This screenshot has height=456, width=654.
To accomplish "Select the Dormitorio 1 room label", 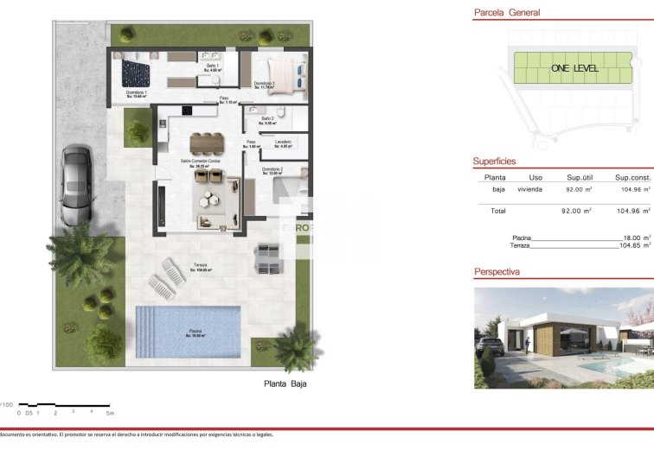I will click(136, 93).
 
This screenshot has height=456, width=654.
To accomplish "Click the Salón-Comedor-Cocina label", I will click(201, 162).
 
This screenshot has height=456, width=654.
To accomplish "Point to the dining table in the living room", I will click(207, 142).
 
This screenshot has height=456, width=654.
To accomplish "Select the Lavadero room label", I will click(283, 142).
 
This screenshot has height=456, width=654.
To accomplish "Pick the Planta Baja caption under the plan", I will click(285, 384).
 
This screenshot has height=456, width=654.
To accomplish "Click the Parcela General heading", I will click(507, 13).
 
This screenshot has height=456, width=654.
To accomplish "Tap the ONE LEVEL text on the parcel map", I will click(573, 67).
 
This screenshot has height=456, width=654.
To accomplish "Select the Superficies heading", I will click(495, 161).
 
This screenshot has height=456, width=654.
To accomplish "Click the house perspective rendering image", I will click(563, 337).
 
